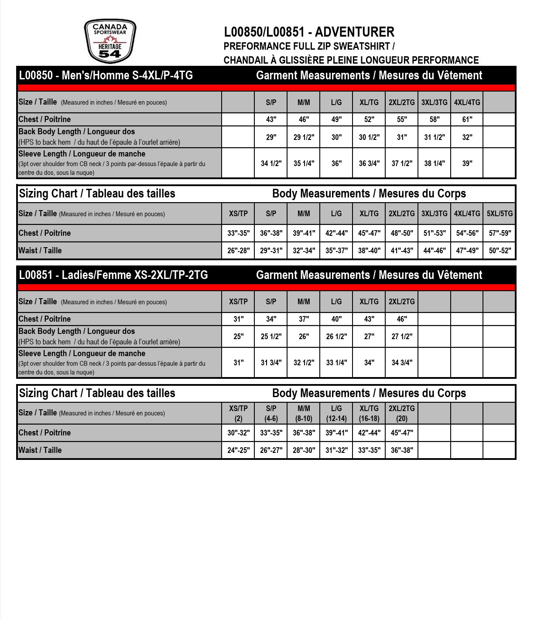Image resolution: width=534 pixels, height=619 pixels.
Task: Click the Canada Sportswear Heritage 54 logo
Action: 110,41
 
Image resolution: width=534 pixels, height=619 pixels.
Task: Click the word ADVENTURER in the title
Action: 354,32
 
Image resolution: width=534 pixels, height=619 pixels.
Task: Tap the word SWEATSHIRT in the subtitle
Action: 361,46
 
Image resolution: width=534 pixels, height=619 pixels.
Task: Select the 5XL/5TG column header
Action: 500,214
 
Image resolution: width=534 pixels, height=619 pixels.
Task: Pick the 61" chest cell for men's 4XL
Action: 467,119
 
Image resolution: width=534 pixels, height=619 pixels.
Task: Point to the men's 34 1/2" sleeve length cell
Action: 271,163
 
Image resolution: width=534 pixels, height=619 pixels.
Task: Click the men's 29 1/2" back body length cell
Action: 304,137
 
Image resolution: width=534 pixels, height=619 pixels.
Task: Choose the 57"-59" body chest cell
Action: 500,233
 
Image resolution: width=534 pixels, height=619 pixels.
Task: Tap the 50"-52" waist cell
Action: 500,251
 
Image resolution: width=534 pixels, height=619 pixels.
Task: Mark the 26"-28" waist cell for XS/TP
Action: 238,251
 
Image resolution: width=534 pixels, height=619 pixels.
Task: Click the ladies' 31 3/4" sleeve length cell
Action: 271,362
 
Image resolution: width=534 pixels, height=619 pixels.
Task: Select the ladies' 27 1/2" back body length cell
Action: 401,337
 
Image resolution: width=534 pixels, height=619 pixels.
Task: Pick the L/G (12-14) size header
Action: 336,413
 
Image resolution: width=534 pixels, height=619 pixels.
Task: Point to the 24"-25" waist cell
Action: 238,450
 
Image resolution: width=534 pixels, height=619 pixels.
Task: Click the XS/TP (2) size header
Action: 238,413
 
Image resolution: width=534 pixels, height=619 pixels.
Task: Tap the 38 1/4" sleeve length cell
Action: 435,163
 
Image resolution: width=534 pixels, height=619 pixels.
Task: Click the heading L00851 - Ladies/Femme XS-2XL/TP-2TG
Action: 113,275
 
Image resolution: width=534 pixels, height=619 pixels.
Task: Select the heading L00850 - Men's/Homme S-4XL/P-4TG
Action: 106,75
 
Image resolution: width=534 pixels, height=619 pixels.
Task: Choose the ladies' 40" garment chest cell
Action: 336,319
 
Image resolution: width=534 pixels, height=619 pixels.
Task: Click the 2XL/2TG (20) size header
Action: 401,413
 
